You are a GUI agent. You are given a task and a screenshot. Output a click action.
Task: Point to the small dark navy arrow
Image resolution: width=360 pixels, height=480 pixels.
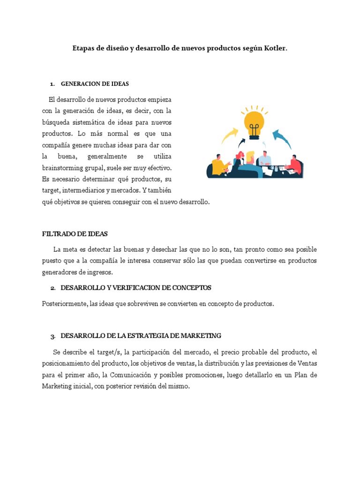[242, 142]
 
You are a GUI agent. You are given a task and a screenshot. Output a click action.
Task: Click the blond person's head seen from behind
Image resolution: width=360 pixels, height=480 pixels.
[250, 157]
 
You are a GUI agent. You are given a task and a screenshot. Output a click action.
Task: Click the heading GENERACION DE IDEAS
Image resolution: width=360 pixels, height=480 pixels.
[95, 84]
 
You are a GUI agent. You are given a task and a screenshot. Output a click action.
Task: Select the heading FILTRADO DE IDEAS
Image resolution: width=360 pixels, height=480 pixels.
[75, 233]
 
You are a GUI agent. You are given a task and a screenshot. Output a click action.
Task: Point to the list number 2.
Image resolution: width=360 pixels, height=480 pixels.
[53, 288]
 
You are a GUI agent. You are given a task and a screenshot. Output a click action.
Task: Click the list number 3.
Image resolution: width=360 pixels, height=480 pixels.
[53, 336]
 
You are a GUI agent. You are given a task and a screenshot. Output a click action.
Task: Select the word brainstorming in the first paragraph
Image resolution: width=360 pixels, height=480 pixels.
[62, 167]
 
